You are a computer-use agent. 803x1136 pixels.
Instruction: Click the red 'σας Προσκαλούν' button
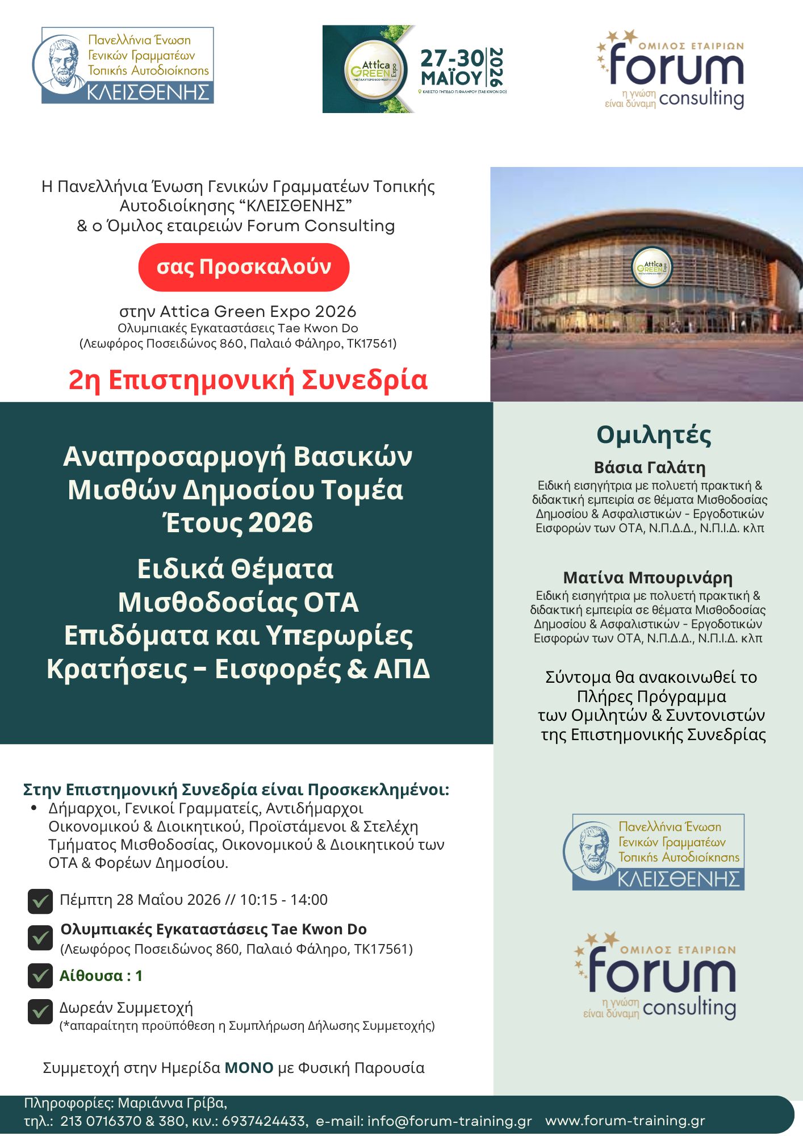tap(244, 267)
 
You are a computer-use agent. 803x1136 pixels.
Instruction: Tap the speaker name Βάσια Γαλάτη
tap(650, 467)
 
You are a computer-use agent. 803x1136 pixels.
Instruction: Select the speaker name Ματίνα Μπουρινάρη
tap(647, 578)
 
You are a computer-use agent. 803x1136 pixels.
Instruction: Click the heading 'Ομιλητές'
tap(653, 435)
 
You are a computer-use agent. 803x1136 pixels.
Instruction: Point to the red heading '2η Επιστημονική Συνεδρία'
tap(248, 380)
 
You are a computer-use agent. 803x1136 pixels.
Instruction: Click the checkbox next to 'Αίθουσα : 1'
tap(40, 976)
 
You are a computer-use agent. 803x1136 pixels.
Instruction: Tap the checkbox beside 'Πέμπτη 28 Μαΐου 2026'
tap(40, 901)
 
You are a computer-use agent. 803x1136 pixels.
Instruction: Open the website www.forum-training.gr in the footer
tap(625, 1121)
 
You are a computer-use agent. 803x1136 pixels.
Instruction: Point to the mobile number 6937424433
tap(265, 1121)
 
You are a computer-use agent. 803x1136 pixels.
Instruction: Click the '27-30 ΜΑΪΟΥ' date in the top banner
tap(452, 67)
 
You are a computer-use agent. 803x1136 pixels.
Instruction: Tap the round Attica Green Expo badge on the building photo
tap(651, 267)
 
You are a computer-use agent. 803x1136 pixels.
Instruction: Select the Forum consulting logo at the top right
tap(671, 69)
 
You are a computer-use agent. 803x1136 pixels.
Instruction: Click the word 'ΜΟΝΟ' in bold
tap(249, 1068)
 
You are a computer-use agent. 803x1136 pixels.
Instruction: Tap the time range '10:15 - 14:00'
tap(283, 900)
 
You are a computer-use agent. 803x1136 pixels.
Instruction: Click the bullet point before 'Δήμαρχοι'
tap(34, 808)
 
